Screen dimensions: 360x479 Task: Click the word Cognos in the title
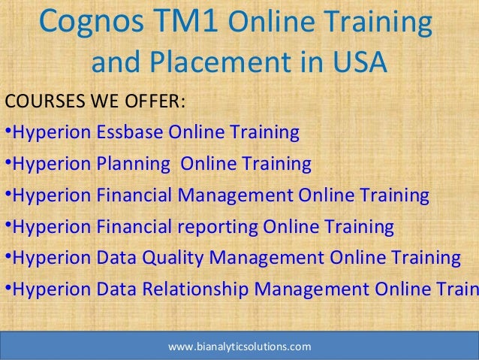coord(84,24)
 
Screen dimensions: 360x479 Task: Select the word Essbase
coord(128,134)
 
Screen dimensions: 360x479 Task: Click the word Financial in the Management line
coord(134,196)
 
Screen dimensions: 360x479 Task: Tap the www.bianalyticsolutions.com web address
coord(239,347)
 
